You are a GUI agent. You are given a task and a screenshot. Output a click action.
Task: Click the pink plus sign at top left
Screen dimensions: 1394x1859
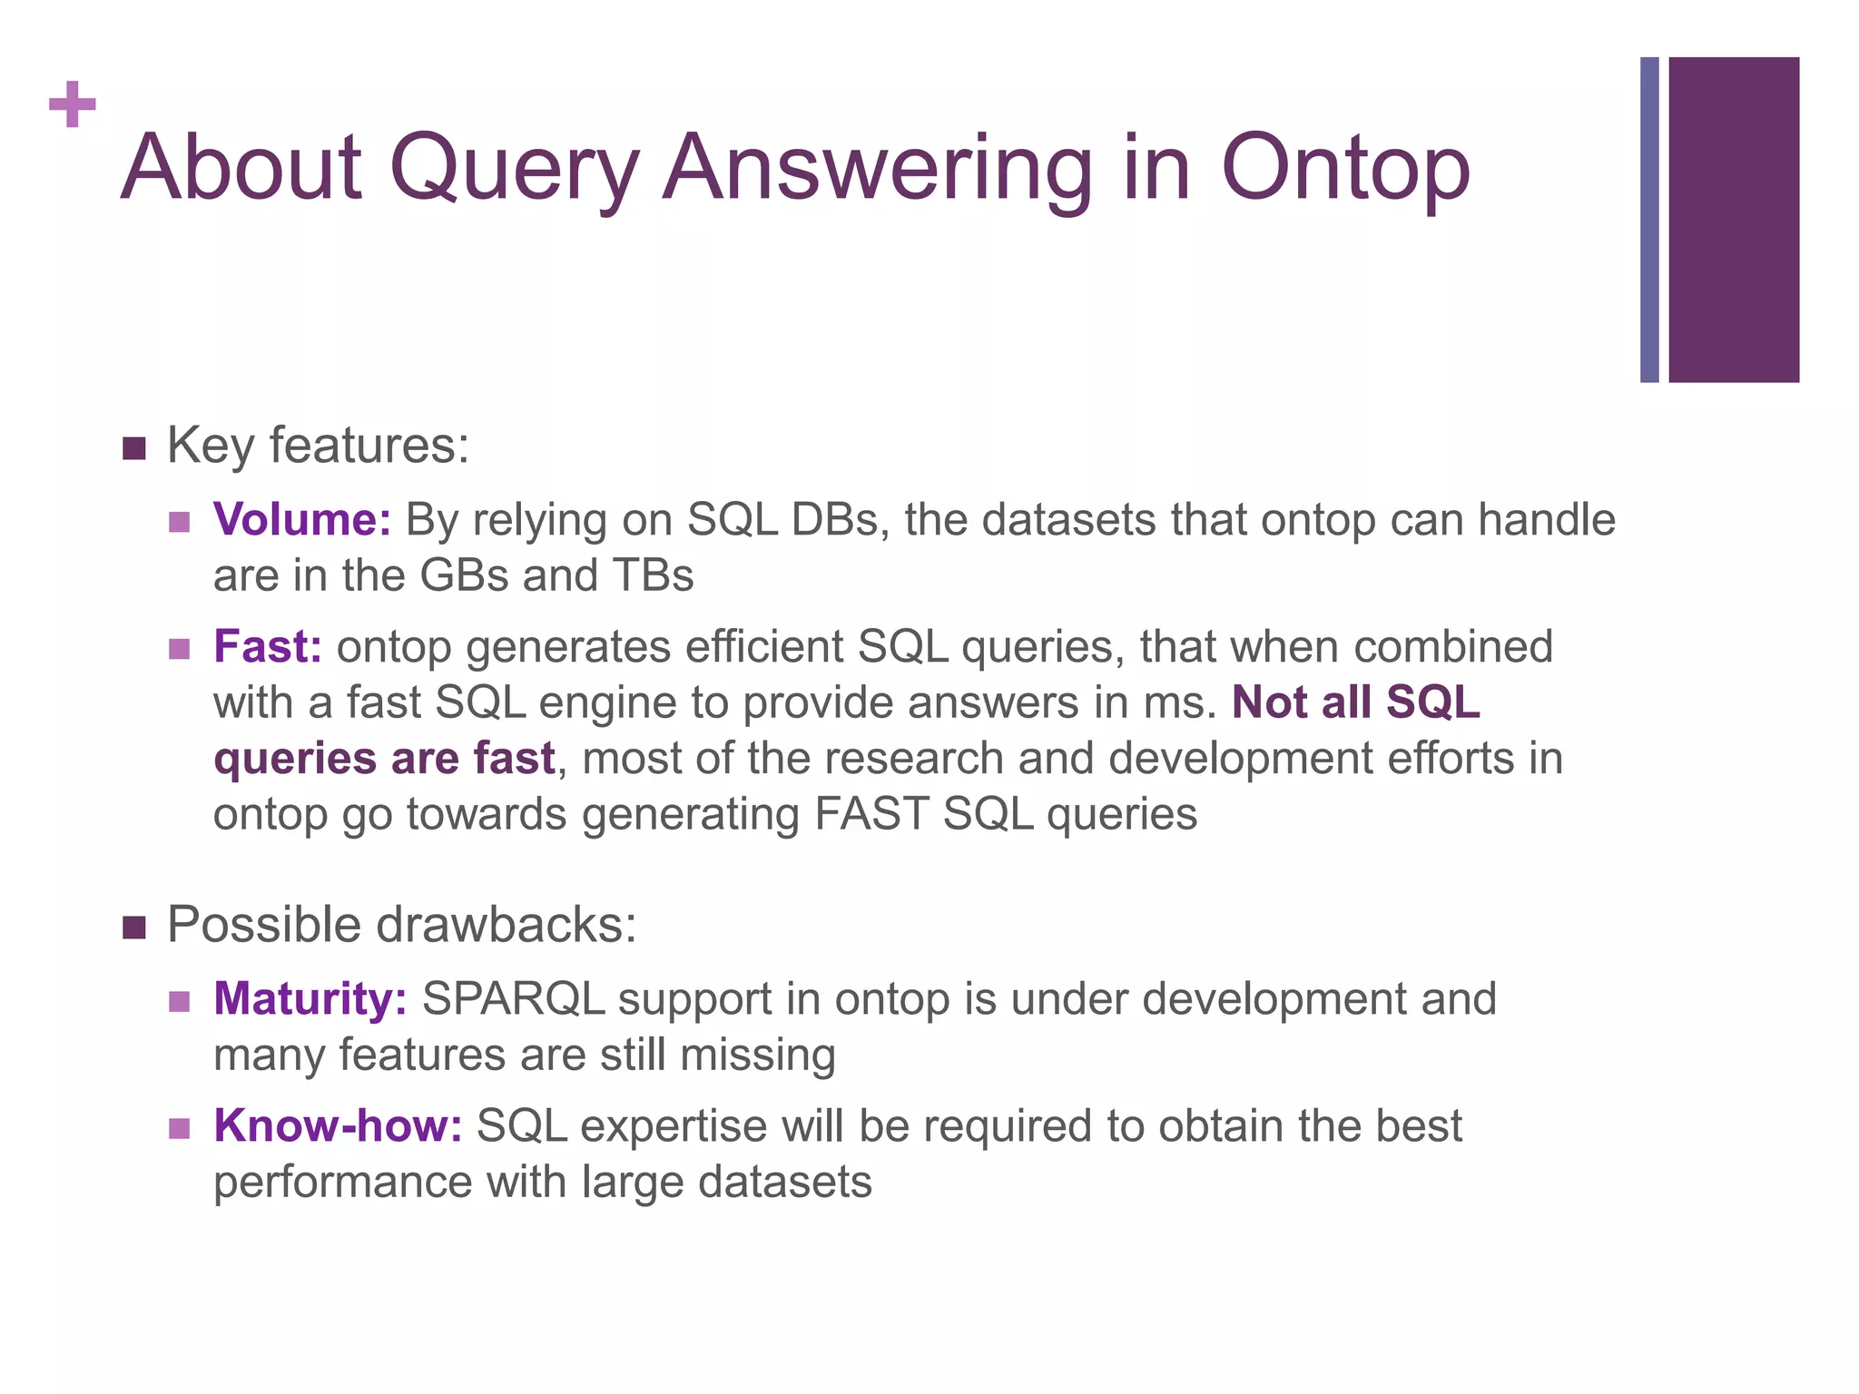(x=73, y=104)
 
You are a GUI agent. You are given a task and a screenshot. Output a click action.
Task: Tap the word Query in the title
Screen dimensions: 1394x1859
(x=513, y=170)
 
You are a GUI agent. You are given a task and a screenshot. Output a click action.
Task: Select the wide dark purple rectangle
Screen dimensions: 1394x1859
(x=1733, y=220)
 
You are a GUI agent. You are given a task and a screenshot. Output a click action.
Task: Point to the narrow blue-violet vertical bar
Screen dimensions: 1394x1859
(x=1649, y=220)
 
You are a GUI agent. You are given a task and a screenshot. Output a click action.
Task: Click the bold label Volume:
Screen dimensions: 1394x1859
(x=301, y=520)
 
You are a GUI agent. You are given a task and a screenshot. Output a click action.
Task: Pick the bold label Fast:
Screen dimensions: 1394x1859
(x=267, y=647)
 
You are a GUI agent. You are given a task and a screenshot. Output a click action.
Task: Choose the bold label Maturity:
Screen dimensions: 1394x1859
(x=310, y=999)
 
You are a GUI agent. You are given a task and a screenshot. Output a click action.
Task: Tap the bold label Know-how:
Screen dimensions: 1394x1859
(x=338, y=1126)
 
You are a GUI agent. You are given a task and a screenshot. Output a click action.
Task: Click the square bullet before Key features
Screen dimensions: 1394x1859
(x=133, y=448)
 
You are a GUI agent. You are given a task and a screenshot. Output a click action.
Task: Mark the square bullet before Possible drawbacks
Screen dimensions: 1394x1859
(x=133, y=928)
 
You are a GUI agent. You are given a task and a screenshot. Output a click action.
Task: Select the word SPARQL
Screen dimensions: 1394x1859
(x=514, y=999)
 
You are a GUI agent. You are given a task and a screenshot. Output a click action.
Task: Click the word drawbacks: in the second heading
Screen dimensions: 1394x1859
(x=506, y=926)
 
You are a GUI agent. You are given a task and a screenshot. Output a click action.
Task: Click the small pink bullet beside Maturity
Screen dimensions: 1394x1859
(x=179, y=1001)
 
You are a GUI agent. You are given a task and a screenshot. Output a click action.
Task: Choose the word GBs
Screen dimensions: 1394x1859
(x=464, y=575)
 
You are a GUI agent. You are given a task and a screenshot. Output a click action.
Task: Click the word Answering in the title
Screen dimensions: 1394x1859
(x=877, y=170)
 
